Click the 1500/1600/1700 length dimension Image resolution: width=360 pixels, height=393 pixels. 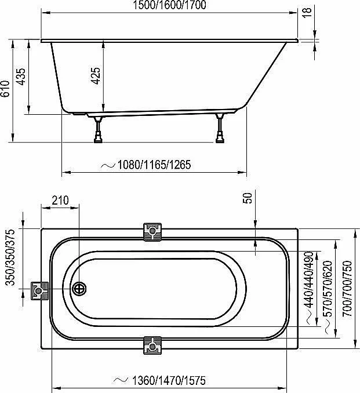(169, 5)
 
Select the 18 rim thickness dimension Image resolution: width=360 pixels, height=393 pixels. (307, 12)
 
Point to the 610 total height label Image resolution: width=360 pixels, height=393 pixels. (6, 89)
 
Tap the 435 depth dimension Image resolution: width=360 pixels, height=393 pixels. (20, 77)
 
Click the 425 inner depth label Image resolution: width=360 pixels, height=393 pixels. (95, 76)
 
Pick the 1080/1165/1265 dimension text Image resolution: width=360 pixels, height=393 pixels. (154, 165)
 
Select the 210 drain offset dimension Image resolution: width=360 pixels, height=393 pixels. (60, 200)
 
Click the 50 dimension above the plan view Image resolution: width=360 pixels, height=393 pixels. (248, 198)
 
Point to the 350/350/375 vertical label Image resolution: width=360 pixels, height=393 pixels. (11, 257)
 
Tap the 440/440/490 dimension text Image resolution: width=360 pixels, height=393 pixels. (308, 279)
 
